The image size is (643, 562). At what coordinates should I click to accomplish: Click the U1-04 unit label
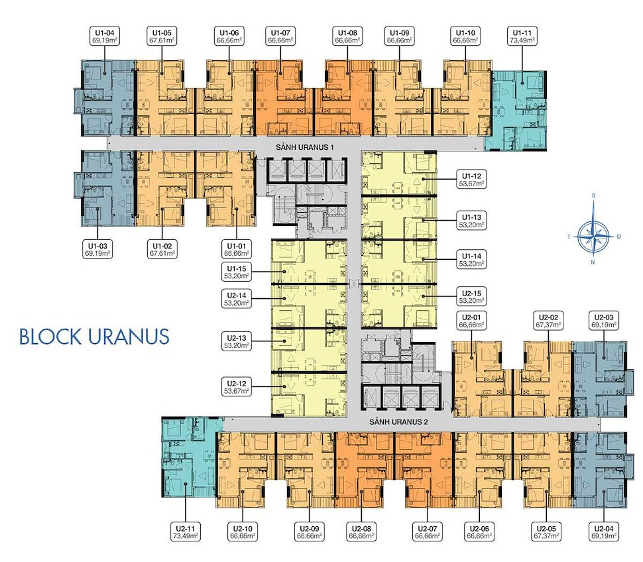(105, 36)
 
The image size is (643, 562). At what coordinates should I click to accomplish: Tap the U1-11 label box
(522, 36)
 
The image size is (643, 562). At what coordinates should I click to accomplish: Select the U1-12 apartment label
(471, 180)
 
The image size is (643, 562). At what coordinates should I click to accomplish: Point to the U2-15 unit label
(471, 297)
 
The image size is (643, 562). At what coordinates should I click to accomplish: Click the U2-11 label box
(186, 532)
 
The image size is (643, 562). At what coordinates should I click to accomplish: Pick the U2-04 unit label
(605, 532)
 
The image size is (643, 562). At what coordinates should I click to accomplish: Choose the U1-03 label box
(97, 250)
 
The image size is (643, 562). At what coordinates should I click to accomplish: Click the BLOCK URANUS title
(94, 337)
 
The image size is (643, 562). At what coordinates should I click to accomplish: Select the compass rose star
(593, 237)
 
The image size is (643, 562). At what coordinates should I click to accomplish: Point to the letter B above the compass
(593, 196)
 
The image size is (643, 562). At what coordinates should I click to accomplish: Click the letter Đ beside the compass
(619, 237)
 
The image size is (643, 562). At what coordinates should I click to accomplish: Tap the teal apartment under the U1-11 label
(518, 110)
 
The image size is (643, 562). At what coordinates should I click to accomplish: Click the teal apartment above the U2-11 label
(190, 457)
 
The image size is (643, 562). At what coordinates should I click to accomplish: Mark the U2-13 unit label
(237, 341)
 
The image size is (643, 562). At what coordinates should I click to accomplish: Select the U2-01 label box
(471, 321)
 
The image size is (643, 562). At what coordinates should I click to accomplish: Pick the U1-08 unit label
(348, 36)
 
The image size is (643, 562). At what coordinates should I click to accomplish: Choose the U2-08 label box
(361, 532)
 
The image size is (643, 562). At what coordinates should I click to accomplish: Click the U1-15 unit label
(237, 272)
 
